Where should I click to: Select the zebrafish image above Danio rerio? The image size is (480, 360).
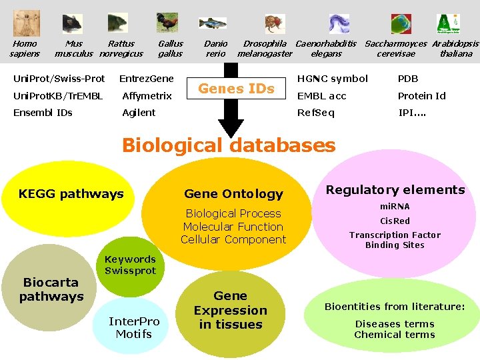[x=213, y=23]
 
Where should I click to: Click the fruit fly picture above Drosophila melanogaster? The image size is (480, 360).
[x=272, y=25]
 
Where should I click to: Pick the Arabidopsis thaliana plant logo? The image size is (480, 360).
[x=447, y=23]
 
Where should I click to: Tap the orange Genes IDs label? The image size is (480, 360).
[x=237, y=89]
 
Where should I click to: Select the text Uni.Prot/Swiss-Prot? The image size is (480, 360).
[x=59, y=79]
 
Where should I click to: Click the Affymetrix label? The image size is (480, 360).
[x=147, y=96]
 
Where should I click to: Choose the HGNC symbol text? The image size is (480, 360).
[x=332, y=79]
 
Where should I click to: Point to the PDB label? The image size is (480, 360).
[x=408, y=79]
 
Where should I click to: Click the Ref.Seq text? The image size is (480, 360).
[x=316, y=113]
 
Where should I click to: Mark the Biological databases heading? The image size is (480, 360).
[x=229, y=145]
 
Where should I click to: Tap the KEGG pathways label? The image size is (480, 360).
[x=71, y=194]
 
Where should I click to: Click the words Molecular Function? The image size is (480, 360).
[x=233, y=227]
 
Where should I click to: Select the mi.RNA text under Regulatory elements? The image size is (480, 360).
[x=395, y=207]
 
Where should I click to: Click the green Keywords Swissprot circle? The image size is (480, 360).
[x=130, y=265]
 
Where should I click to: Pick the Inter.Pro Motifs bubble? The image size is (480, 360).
[x=134, y=327]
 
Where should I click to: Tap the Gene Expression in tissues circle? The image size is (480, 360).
[x=230, y=310]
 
